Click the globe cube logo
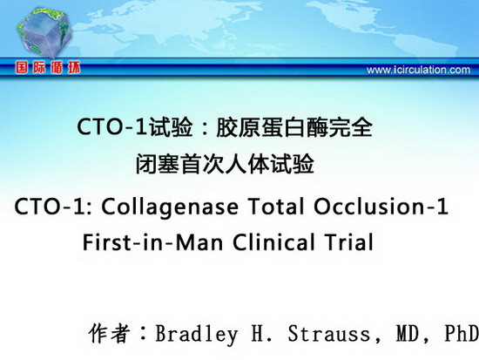44,32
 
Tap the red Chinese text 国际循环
48,67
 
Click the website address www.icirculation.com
418,70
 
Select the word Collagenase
170,207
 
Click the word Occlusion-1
381,207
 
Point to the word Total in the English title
276,207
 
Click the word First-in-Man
152,242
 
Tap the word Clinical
273,242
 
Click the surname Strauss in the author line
329,333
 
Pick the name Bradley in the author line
197,334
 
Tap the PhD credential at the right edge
462,333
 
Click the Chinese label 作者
110,333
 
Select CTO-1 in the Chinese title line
112,127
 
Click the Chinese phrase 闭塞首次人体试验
225,164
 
